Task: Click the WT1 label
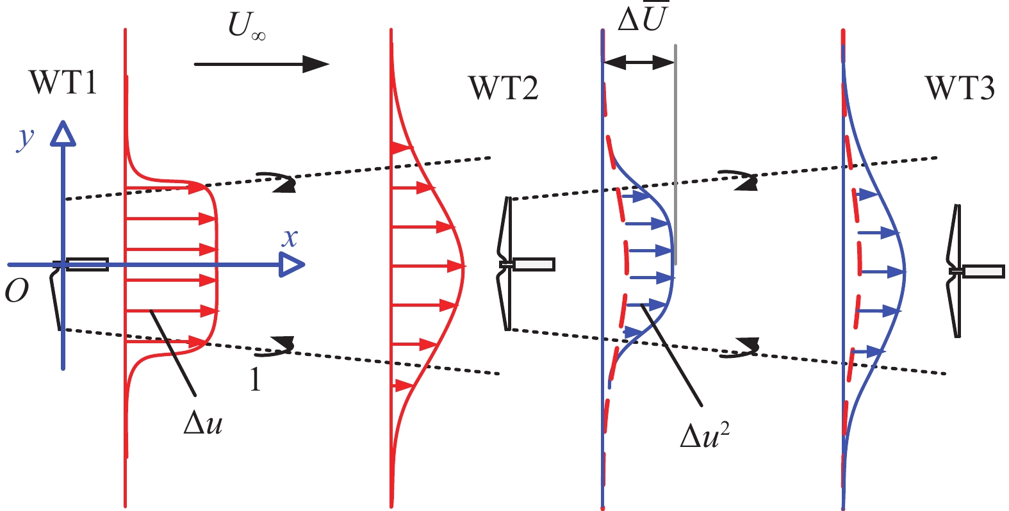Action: (x=63, y=82)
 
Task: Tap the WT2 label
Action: (x=504, y=88)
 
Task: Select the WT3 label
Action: (x=960, y=88)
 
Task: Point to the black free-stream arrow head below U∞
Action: (x=316, y=64)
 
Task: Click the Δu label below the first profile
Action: (x=203, y=424)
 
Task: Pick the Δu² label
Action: (x=705, y=435)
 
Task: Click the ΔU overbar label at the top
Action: (x=641, y=17)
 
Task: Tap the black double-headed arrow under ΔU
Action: (x=639, y=63)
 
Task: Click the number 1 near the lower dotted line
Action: (x=256, y=380)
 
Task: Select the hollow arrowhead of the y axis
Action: (x=63, y=134)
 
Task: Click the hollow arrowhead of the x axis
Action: (x=292, y=264)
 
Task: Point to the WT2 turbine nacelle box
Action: (x=534, y=264)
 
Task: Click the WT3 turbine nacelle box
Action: (x=984, y=272)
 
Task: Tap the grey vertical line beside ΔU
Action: (x=676, y=154)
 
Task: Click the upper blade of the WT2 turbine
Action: (x=505, y=230)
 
